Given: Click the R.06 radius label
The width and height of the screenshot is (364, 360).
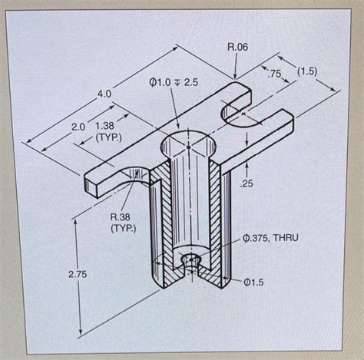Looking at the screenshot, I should [237, 48].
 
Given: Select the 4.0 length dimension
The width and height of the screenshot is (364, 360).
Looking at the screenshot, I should [104, 94].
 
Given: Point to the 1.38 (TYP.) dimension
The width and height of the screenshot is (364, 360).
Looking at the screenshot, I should [106, 130].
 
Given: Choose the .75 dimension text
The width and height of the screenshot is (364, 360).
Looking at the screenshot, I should [273, 74].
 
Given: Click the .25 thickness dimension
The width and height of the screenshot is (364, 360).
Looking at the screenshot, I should [247, 183].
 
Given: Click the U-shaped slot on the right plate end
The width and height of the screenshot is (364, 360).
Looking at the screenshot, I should [244, 114].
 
